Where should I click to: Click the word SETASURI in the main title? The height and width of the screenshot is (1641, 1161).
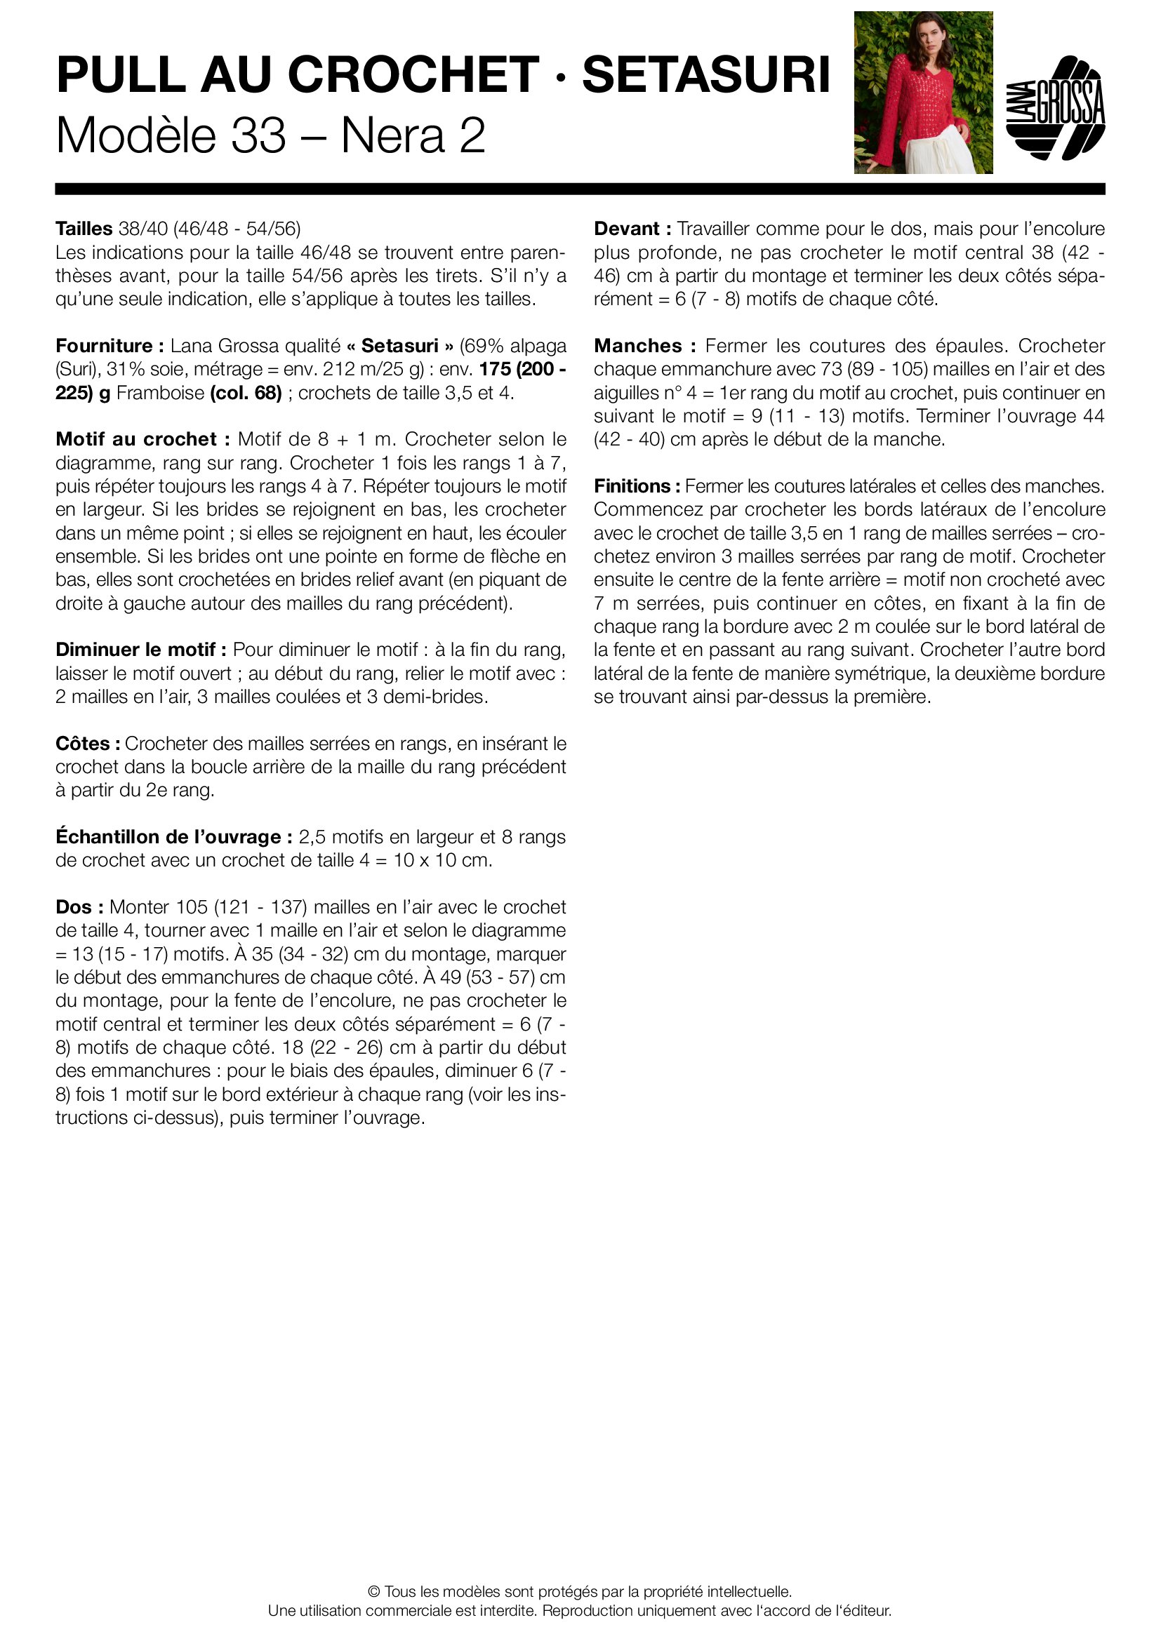[705, 75]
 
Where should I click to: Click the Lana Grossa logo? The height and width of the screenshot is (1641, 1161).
[1055, 108]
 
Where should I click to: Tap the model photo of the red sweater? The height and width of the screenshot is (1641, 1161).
[923, 92]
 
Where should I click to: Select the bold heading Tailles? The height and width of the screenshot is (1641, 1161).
[84, 229]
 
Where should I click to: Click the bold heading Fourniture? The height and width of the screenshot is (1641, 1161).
[105, 346]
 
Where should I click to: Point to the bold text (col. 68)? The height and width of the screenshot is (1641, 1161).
[246, 393]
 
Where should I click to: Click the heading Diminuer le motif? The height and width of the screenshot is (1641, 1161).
[141, 650]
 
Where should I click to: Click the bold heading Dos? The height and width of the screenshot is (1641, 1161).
[79, 907]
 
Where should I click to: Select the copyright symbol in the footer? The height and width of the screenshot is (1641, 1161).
[373, 1592]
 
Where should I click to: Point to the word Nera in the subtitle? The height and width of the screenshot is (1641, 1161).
[392, 135]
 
